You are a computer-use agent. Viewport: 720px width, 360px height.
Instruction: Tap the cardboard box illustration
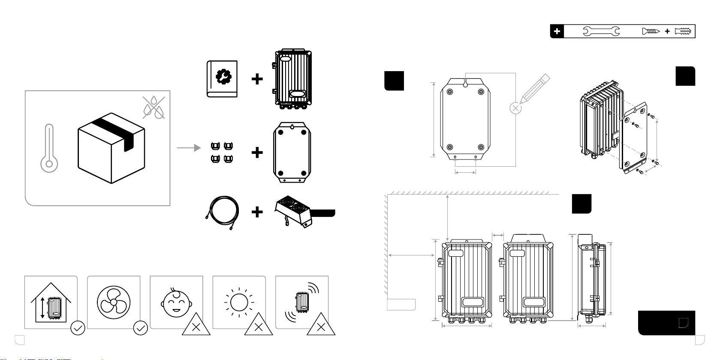click(111, 148)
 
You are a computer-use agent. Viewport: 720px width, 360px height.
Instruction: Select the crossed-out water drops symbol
click(154, 108)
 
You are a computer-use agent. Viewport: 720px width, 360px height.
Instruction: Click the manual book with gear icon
click(222, 79)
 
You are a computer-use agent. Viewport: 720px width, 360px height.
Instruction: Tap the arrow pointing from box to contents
click(189, 148)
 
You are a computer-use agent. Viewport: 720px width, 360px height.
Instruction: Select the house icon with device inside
click(51, 303)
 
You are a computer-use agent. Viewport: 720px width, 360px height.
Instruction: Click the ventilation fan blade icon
click(113, 302)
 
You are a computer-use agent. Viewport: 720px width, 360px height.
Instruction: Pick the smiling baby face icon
click(176, 301)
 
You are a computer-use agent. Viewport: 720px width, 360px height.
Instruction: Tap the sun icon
click(239, 302)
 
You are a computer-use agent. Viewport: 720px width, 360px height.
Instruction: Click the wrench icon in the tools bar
click(601, 31)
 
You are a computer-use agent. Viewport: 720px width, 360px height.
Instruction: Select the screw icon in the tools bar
click(651, 31)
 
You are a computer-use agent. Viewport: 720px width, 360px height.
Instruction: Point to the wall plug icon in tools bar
click(683, 31)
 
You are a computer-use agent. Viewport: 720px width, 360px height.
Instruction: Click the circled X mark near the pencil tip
click(515, 109)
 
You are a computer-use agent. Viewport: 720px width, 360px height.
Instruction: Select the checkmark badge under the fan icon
click(141, 328)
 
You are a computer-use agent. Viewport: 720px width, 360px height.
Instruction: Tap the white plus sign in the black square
click(557, 31)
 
